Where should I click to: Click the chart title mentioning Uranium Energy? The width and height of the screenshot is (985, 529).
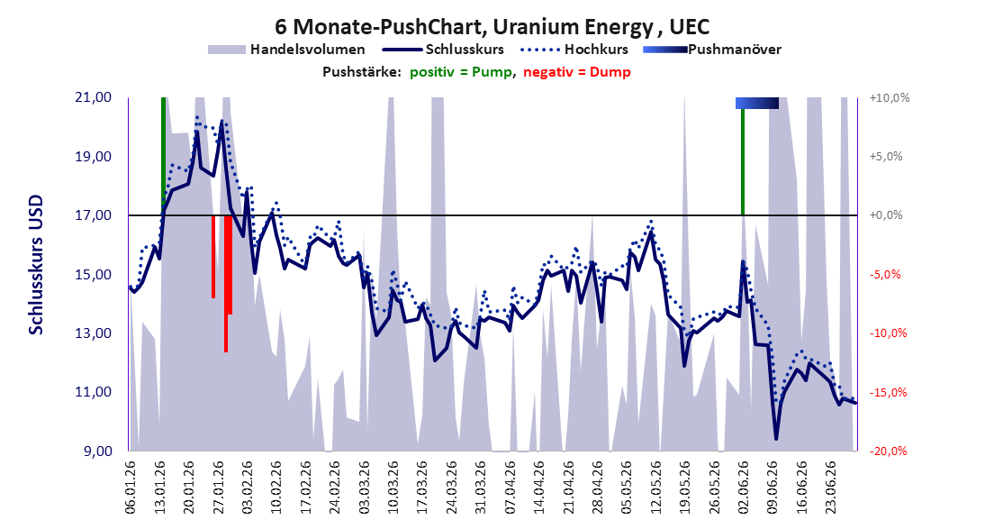[492, 27]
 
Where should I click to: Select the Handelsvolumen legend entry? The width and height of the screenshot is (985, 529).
[286, 49]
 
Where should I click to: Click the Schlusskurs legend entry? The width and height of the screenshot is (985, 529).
[443, 49]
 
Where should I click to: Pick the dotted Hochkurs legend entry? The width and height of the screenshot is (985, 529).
[574, 49]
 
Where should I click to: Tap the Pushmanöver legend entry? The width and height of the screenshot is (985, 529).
[712, 49]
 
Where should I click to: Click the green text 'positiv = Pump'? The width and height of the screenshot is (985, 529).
[461, 72]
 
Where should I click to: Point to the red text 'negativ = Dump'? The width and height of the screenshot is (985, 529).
[576, 72]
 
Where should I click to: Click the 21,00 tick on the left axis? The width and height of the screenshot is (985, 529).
[94, 97]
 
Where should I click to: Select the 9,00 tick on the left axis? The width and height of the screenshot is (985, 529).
[97, 451]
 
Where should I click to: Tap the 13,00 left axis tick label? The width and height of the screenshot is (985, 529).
[94, 333]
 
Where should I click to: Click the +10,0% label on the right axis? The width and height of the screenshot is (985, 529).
[890, 98]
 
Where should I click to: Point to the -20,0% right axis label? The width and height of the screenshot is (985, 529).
[889, 451]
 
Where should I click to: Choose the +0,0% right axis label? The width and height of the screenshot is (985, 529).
[886, 215]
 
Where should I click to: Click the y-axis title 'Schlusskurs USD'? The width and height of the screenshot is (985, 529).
[36, 265]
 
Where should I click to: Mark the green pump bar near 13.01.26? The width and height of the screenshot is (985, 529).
[163, 156]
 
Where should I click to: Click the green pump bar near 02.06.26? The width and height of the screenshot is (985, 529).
[743, 161]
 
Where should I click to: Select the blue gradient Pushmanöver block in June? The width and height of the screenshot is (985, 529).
[757, 103]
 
